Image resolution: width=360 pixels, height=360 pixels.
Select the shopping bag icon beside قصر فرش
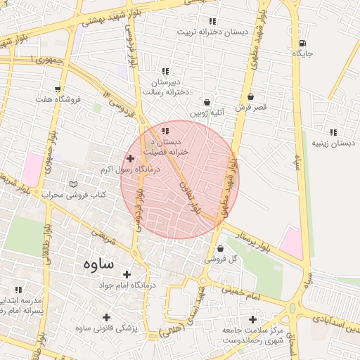pos(251,96)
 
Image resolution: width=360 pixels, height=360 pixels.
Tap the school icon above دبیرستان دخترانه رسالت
pos(165,71)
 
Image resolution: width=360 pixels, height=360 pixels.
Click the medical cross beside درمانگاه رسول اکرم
pos(130,159)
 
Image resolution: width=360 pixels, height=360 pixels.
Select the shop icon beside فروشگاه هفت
pos(72,99)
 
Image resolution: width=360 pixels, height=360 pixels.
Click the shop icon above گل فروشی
pos(221,248)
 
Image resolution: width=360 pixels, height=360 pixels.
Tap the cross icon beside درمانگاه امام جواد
pos(127,274)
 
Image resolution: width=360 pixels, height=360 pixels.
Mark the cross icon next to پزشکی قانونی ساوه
pos(106,318)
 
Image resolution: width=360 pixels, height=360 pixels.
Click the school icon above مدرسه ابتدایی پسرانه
pos(18,289)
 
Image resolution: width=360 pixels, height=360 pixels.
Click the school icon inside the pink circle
pos(165,131)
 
